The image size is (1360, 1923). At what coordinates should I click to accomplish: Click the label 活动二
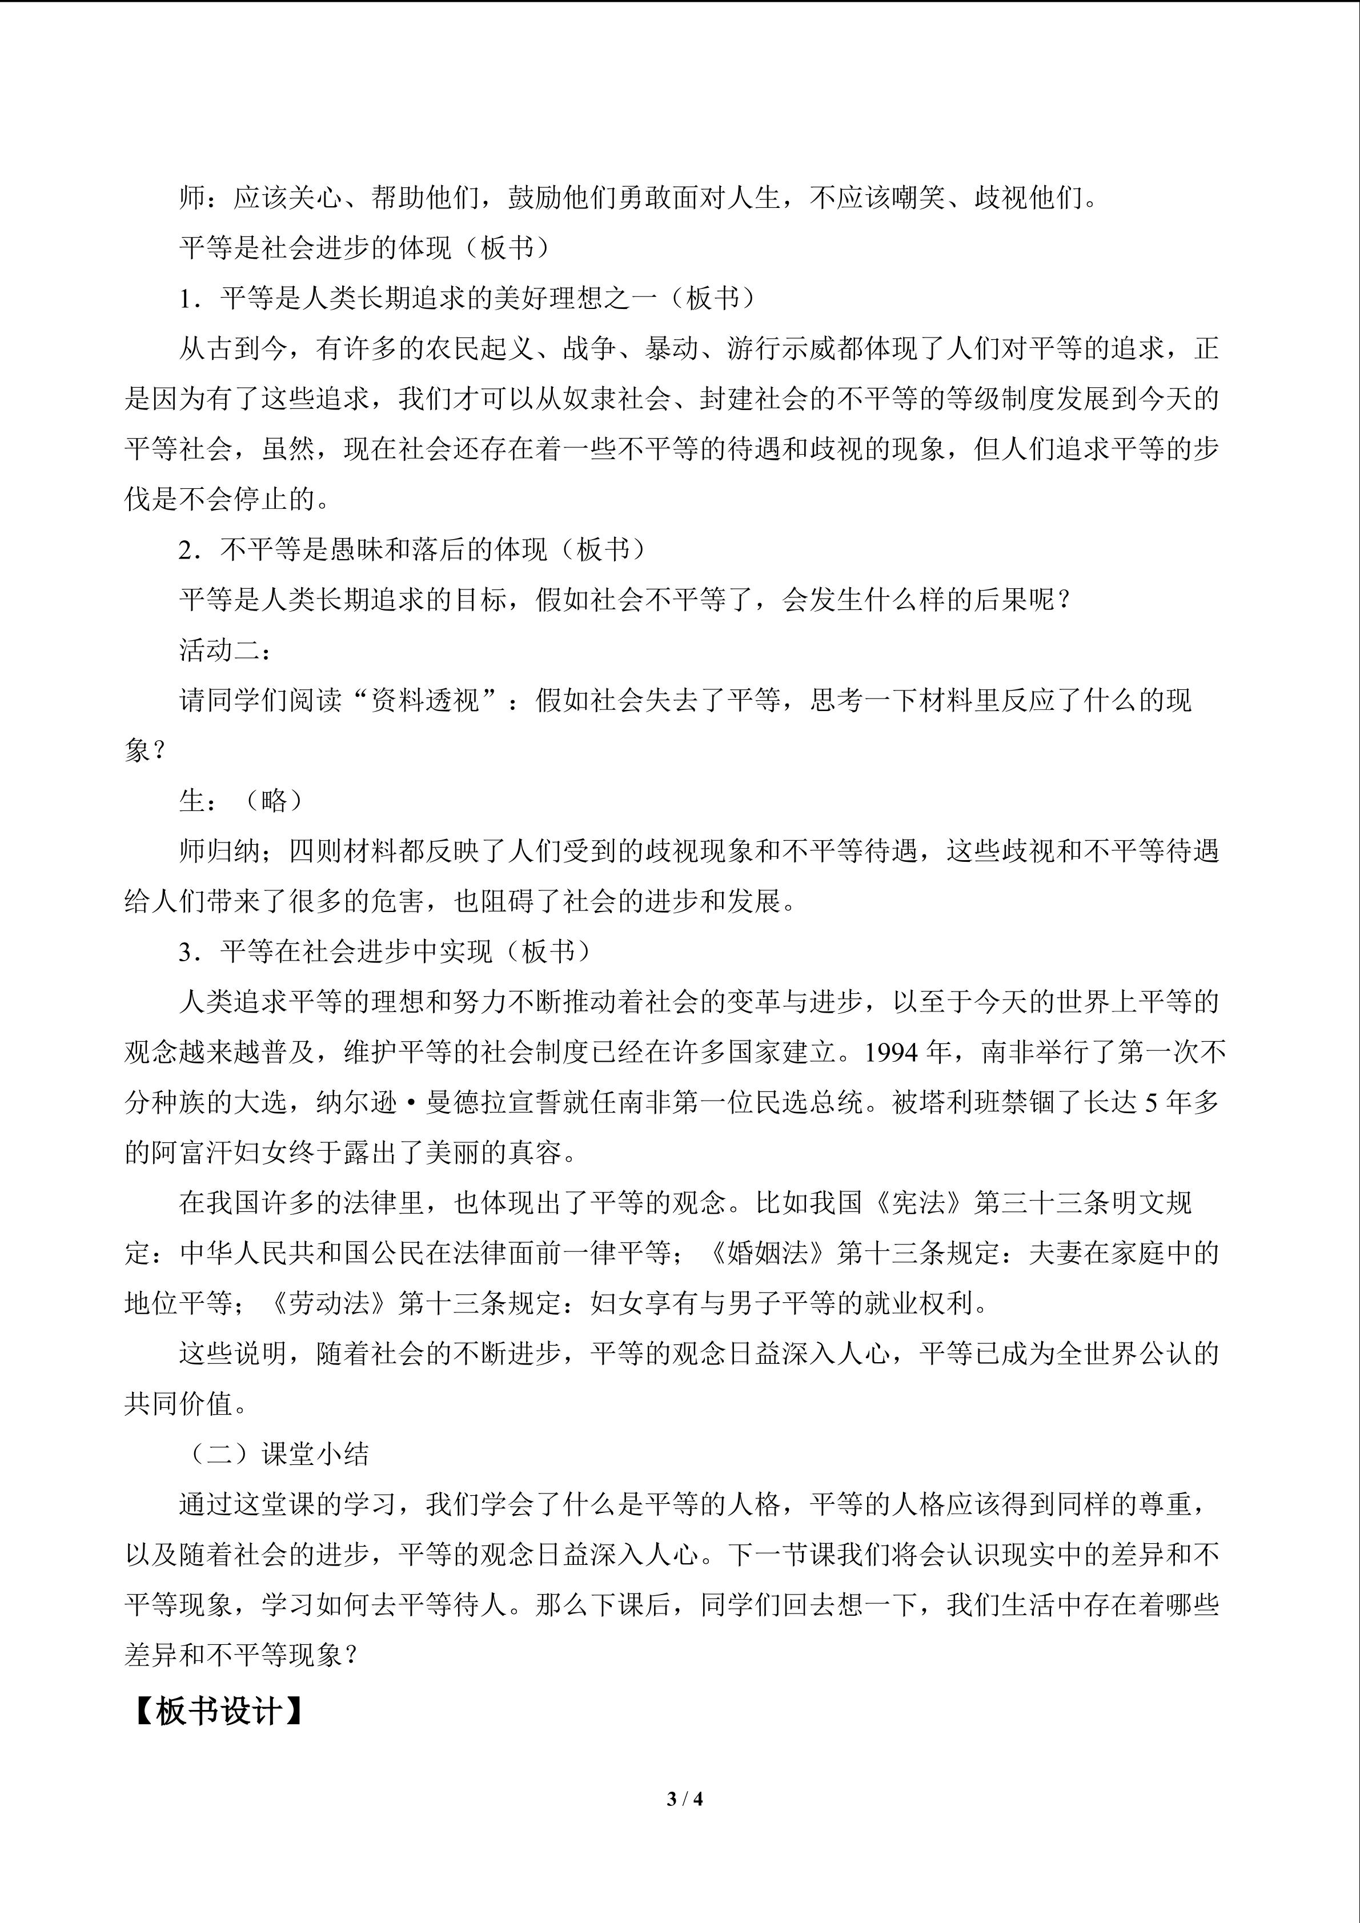click(x=219, y=650)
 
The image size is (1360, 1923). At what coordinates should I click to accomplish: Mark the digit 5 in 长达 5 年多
click(x=1150, y=1103)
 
